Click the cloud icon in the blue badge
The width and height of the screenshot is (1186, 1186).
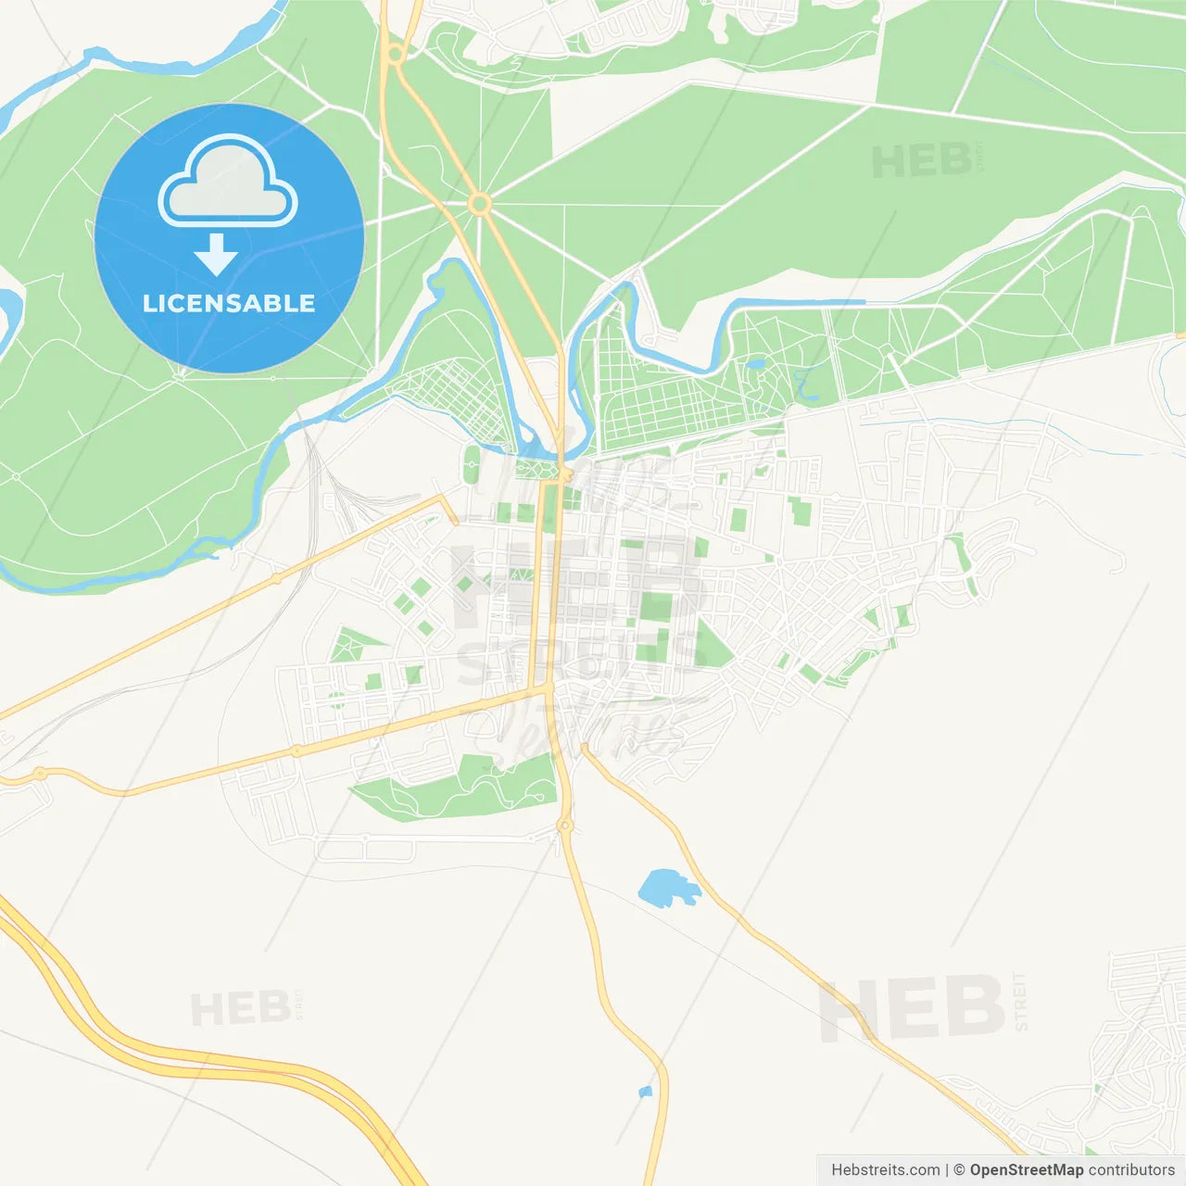228,182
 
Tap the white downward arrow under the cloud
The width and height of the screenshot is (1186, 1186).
216,254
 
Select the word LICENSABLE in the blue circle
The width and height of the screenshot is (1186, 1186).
229,303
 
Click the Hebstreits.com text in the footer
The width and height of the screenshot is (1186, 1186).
885,1170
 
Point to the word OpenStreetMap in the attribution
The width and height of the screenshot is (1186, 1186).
1026,1170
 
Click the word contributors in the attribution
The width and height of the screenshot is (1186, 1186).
1131,1170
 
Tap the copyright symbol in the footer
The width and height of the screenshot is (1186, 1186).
959,1170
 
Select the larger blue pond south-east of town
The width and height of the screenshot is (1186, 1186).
665,888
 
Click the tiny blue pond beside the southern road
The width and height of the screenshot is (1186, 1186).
646,1091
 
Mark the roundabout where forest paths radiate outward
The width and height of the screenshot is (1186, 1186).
479,204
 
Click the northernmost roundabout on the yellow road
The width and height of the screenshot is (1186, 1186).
396,54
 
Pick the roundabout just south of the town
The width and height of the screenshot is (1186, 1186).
565,825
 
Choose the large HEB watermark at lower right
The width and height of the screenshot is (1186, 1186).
913,1008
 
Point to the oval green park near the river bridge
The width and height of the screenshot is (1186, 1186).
472,464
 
